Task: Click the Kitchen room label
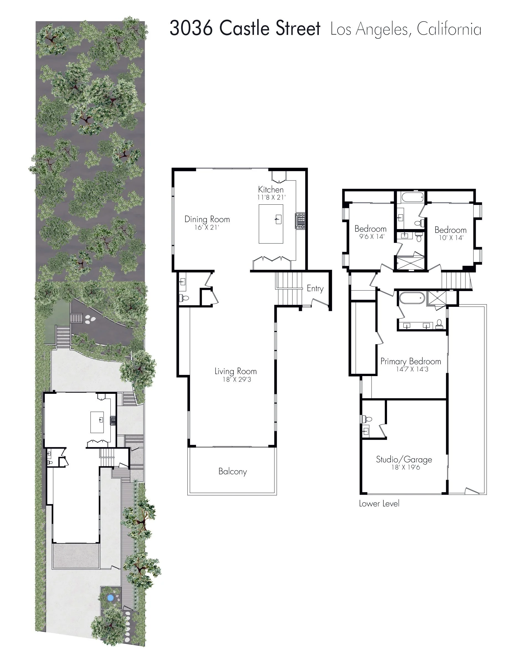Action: pyautogui.click(x=271, y=189)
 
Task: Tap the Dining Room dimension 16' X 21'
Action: pyautogui.click(x=207, y=227)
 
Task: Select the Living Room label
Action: pyautogui.click(x=235, y=371)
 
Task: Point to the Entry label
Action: pyautogui.click(x=315, y=289)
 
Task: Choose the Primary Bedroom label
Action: pyautogui.click(x=411, y=361)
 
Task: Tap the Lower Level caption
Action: pyautogui.click(x=379, y=503)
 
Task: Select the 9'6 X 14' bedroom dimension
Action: pyautogui.click(x=372, y=237)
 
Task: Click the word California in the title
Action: pyautogui.click(x=449, y=30)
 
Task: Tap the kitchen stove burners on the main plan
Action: pyautogui.click(x=301, y=221)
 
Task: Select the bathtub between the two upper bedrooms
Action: pyautogui.click(x=412, y=197)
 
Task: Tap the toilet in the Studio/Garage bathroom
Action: pyautogui.click(x=367, y=418)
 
